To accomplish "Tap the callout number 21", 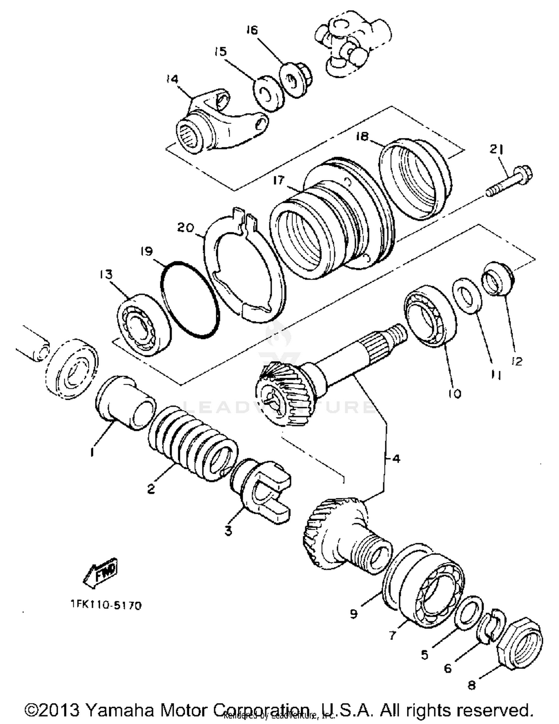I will pyautogui.click(x=496, y=150).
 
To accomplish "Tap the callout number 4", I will pyautogui.click(x=396, y=458).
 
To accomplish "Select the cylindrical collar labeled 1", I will pyautogui.click(x=125, y=403).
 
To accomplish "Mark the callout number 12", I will pyautogui.click(x=517, y=361).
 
